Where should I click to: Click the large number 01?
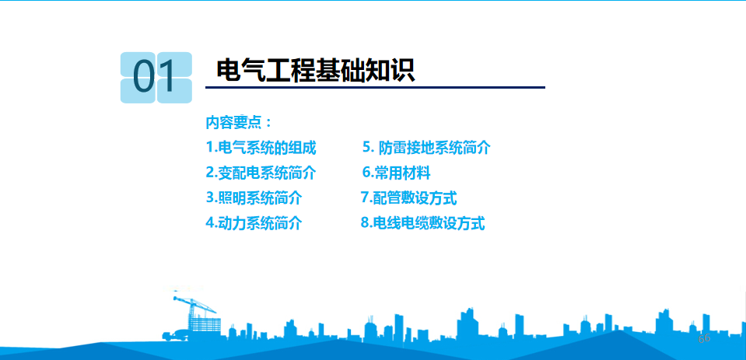(x=154, y=77)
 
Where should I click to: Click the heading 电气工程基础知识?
(x=315, y=72)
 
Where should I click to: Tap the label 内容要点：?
(x=239, y=123)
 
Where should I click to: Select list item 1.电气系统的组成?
(x=261, y=148)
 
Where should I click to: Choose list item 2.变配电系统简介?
(x=261, y=173)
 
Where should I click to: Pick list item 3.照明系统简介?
(x=254, y=197)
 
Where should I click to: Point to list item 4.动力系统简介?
(x=254, y=222)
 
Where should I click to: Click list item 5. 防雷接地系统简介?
(x=426, y=148)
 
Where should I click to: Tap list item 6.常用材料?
(x=396, y=173)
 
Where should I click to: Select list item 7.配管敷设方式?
(x=408, y=197)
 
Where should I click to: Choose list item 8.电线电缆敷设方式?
(x=422, y=222)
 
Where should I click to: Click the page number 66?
(x=704, y=338)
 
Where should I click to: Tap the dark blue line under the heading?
(x=375, y=88)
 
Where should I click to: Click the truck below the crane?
(x=174, y=335)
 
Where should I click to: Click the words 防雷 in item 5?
(x=393, y=148)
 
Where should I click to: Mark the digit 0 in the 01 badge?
(x=144, y=77)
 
